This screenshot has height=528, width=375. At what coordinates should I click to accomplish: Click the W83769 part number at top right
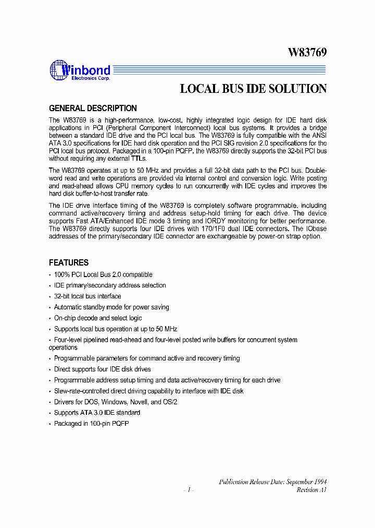coord(307,53)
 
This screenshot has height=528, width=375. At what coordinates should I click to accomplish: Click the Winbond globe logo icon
coord(58,70)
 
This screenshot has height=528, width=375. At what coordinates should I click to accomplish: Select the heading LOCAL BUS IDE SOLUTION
coord(253,89)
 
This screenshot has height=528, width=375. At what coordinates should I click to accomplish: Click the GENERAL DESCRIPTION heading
coord(93,109)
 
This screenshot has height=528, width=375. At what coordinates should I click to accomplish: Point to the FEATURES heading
coord(69,262)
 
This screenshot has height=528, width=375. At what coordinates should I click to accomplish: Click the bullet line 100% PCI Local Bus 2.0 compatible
coord(103,274)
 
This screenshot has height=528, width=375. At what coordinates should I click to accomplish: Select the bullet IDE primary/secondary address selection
coord(110,285)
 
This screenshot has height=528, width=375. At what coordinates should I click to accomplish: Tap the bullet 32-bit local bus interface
coord(87,296)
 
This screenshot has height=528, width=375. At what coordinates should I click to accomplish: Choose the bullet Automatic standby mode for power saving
coord(111,307)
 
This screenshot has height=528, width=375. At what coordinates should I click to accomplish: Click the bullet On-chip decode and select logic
coord(98,318)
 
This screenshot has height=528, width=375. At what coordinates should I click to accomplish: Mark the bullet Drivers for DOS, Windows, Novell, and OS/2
coord(115,402)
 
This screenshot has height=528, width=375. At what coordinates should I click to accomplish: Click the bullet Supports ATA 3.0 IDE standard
coord(97,413)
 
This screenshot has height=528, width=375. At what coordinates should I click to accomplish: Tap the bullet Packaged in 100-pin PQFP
coord(91,424)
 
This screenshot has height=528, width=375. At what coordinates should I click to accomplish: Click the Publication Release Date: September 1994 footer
coord(272,482)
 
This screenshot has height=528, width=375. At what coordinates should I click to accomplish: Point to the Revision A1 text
coord(311,490)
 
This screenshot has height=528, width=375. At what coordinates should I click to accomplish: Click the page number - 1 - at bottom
coord(189,490)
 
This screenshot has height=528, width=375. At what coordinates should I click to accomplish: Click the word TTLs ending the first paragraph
coord(139,159)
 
